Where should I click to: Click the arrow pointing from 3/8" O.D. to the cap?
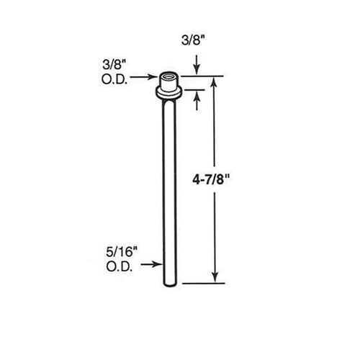[x=148, y=76]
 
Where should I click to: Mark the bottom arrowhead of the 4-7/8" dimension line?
[x=215, y=277]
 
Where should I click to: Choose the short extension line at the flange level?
[x=192, y=89]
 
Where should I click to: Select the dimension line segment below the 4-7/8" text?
[x=215, y=230]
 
